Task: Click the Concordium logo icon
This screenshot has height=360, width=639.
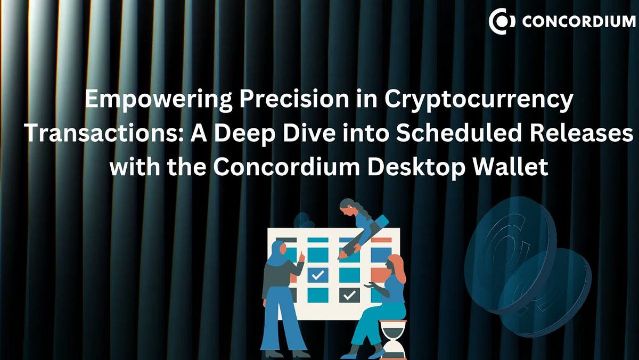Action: (x=502, y=21)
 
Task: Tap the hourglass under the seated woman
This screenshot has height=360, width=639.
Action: (x=393, y=339)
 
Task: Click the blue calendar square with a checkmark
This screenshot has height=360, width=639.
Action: (x=318, y=274)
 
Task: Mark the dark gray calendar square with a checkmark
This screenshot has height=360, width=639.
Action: (x=349, y=294)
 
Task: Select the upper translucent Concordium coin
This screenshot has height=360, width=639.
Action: (x=509, y=250)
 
